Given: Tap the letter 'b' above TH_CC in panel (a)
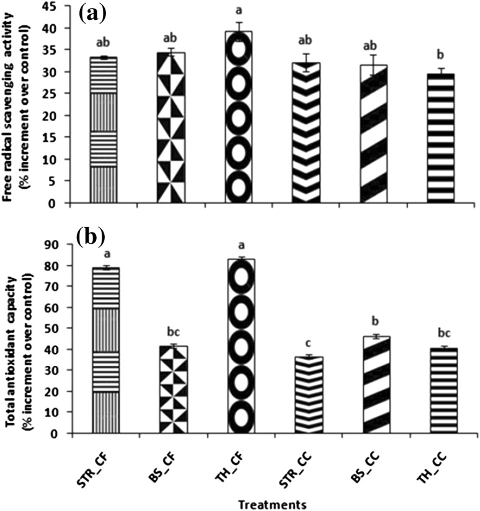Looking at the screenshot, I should pos(440,61).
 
